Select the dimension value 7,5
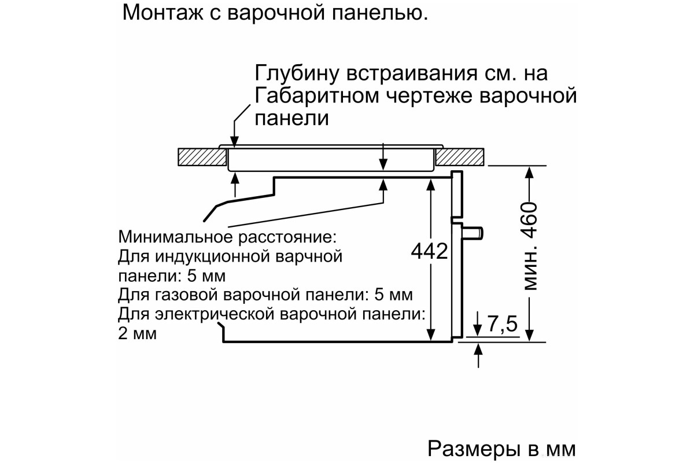pyautogui.click(x=501, y=325)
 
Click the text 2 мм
pyautogui.click(x=137, y=333)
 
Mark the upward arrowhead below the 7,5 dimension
pyautogui.click(x=479, y=348)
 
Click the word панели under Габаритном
pyautogui.click(x=291, y=118)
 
